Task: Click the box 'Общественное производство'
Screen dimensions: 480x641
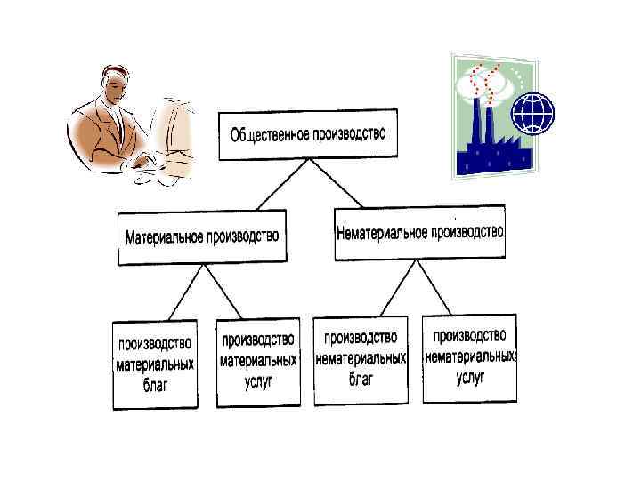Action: coord(307,135)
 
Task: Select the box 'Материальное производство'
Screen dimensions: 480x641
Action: coord(202,237)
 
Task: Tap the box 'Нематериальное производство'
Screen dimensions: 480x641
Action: coord(419,233)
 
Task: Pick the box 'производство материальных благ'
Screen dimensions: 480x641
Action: coord(154,365)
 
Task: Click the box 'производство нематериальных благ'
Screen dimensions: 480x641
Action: coord(361,360)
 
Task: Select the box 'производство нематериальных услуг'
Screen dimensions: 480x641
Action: coord(469,357)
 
